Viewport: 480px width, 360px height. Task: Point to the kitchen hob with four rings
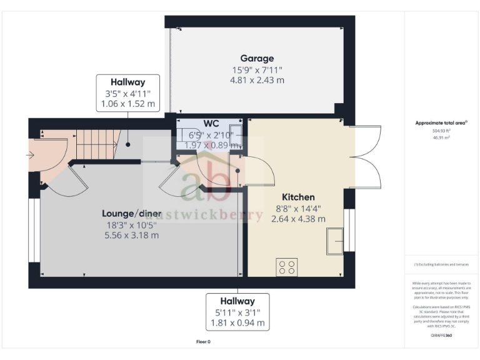coord(287,267)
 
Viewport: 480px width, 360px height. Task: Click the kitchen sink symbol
coord(335,241)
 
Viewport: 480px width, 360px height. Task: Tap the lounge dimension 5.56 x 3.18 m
coord(131,235)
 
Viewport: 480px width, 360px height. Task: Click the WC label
coord(210,123)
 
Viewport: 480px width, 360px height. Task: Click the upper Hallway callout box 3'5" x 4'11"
coord(127,93)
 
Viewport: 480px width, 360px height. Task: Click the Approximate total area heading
coord(441,123)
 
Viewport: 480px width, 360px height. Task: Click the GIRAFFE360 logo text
coord(441,336)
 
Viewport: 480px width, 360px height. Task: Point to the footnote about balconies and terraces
coord(441,264)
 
